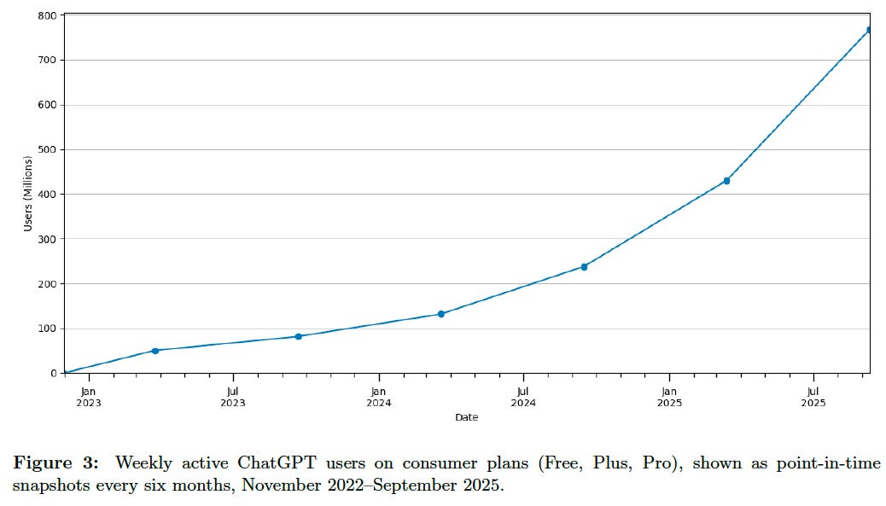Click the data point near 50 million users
point(154,351)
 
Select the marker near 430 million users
point(726,181)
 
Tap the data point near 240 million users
point(584,267)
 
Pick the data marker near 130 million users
point(440,314)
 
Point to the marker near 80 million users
point(298,336)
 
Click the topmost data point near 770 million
point(869,30)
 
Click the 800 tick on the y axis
point(48,15)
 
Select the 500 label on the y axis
point(48,149)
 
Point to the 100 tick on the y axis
point(48,329)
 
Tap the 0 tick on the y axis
point(53,373)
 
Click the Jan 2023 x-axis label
point(88,398)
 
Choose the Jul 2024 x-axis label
point(523,398)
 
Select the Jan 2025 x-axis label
point(669,398)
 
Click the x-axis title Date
point(466,417)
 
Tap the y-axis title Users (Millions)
point(28,194)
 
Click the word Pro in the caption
point(643,463)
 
